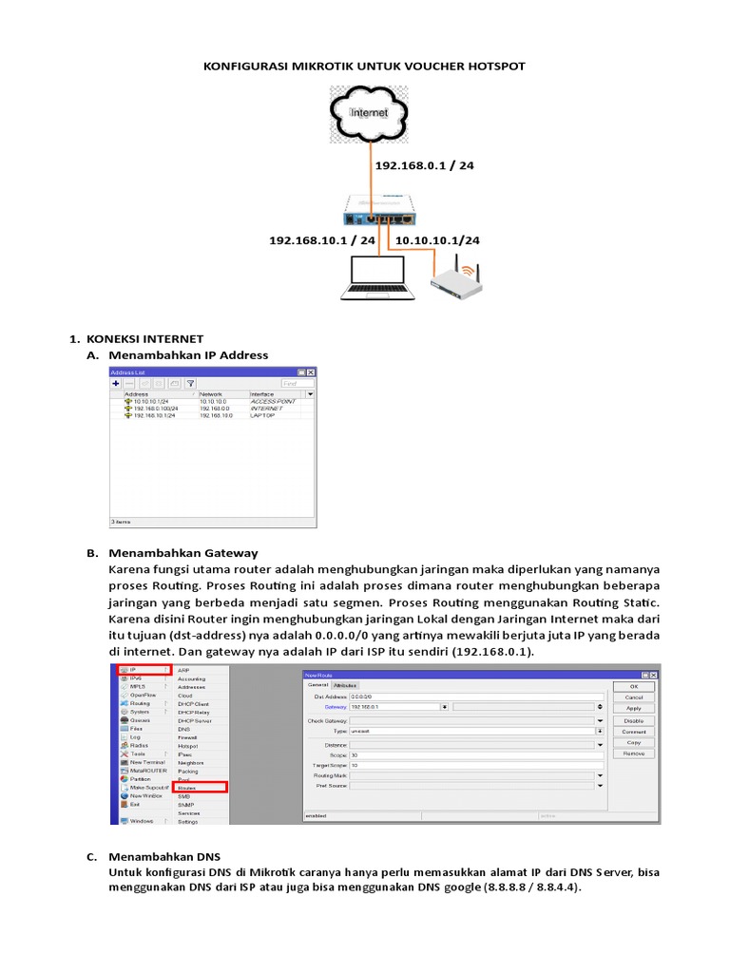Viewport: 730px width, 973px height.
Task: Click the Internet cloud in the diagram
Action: click(370, 112)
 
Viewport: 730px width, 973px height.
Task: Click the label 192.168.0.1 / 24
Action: click(424, 165)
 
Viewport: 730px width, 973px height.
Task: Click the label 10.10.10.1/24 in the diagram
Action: click(436, 240)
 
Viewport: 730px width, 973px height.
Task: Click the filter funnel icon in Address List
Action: click(188, 383)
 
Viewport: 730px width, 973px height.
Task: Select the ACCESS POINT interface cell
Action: click(273, 402)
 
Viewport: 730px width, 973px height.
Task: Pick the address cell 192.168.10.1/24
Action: click(155, 416)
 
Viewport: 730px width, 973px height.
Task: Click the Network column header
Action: click(211, 393)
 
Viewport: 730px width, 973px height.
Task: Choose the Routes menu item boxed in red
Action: click(201, 788)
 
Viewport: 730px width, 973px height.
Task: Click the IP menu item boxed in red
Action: click(144, 671)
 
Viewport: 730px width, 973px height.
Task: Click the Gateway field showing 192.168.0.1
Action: click(394, 707)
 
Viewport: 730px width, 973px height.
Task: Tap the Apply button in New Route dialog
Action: click(633, 708)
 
